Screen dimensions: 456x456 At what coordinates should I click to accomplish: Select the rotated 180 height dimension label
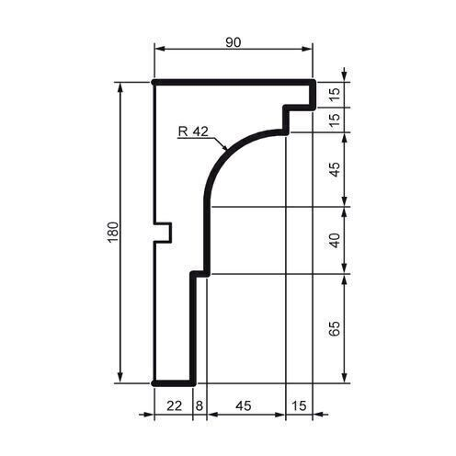(x=112, y=234)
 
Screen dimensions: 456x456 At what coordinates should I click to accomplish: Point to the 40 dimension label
(x=336, y=240)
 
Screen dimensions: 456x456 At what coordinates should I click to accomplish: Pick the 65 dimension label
(x=336, y=328)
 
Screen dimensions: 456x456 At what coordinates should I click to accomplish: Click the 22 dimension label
(x=172, y=405)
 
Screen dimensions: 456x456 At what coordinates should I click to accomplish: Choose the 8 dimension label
(x=199, y=405)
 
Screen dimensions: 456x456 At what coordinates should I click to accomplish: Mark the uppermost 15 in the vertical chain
(x=336, y=93)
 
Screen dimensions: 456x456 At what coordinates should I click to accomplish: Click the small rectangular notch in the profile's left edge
(x=164, y=232)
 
